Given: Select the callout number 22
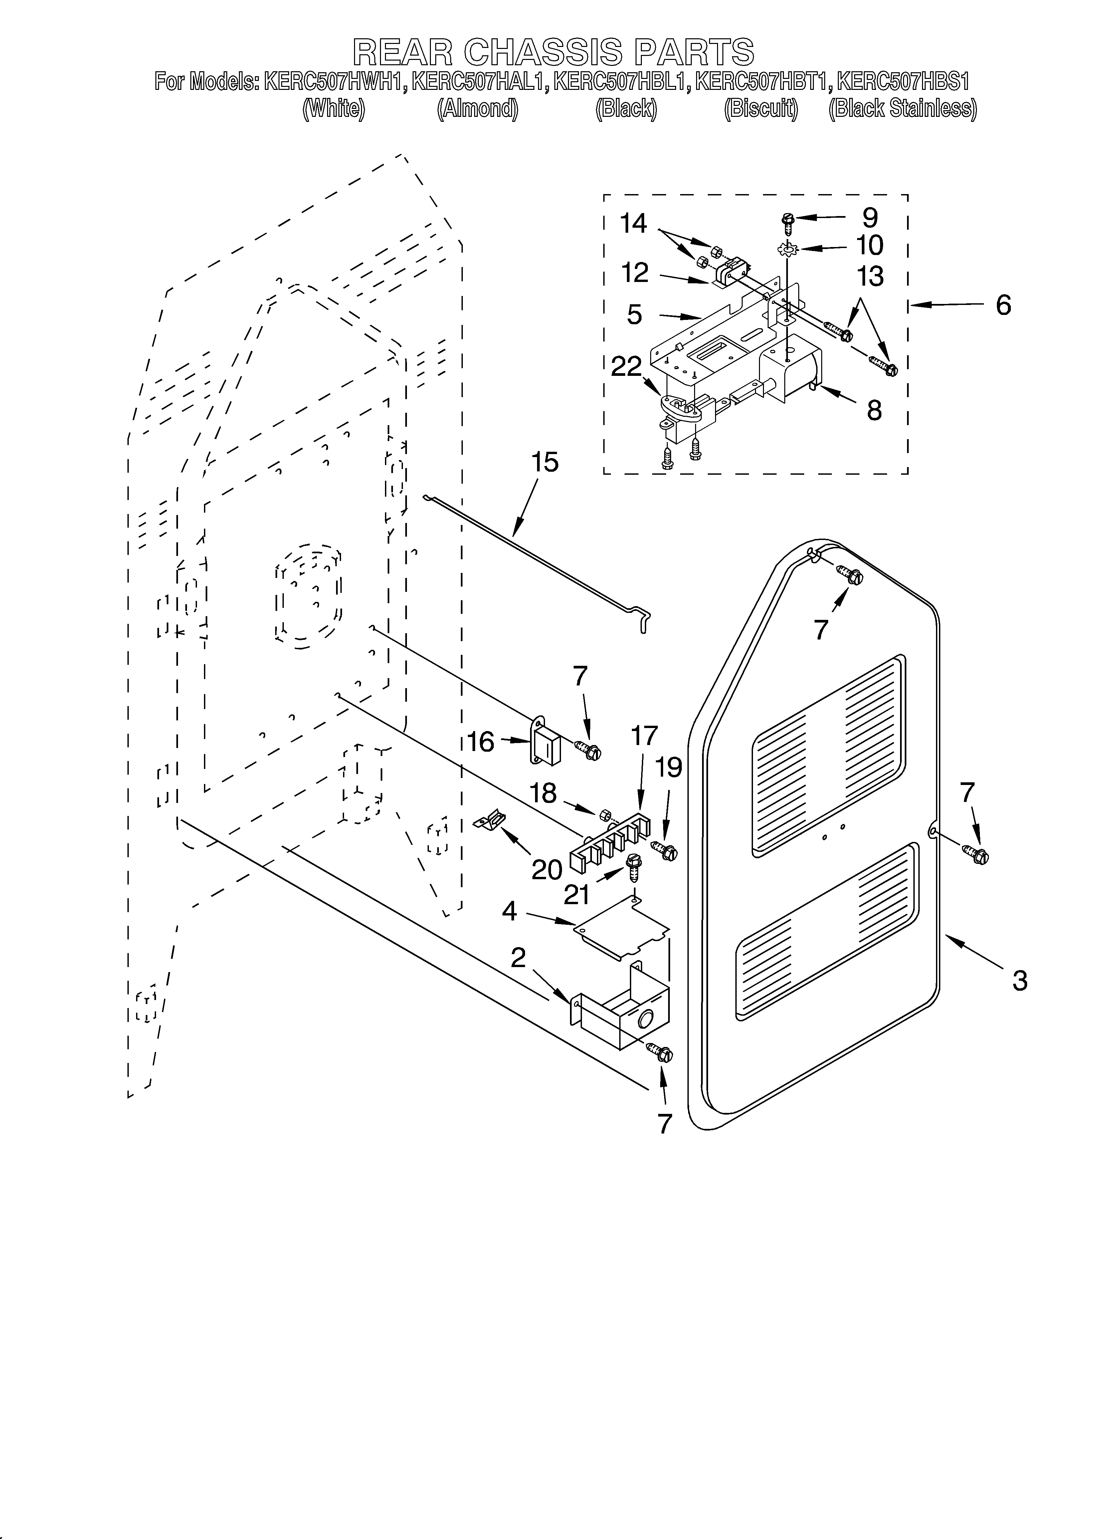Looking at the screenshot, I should tap(626, 367).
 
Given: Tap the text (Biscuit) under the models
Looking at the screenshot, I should tap(761, 109).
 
